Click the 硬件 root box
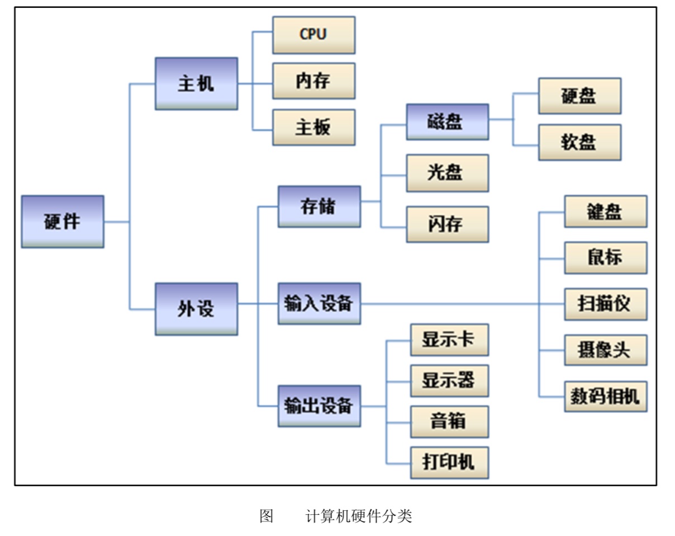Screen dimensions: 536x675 [63, 222]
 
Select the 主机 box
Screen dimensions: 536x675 [196, 83]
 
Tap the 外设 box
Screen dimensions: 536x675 [196, 309]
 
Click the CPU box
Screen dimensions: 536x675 [313, 35]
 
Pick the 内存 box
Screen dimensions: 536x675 [313, 81]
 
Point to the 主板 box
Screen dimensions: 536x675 [313, 127]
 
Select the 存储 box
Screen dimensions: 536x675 [319, 206]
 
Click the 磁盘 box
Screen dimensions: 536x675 [447, 121]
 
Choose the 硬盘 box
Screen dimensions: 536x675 [579, 96]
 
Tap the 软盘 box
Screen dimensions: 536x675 [579, 142]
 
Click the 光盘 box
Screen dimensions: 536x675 [447, 173]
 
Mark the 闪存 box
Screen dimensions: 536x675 [447, 224]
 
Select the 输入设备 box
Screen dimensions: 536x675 [319, 304]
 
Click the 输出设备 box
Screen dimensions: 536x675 [319, 406]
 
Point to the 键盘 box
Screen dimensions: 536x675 [606, 211]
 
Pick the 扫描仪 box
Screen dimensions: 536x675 [606, 304]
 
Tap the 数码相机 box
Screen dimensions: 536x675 [606, 397]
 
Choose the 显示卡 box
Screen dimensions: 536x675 [449, 340]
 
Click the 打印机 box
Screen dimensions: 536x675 [449, 463]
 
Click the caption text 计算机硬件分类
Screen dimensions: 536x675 [359, 516]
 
